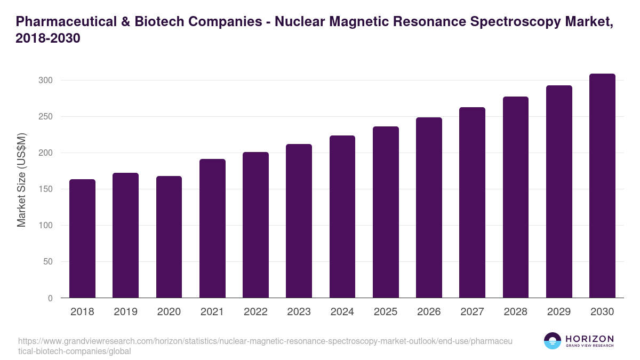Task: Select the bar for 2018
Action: tap(82, 238)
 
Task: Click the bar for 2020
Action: tap(169, 237)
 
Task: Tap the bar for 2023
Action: tap(299, 221)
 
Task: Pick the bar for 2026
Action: tap(429, 207)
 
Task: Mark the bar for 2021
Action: tap(212, 228)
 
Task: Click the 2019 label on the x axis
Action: tap(125, 312)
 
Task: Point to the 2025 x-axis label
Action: tap(386, 312)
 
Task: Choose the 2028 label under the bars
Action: tap(516, 312)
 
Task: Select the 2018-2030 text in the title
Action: tap(48, 38)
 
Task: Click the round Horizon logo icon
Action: tap(553, 341)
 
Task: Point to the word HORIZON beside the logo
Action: tap(589, 339)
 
